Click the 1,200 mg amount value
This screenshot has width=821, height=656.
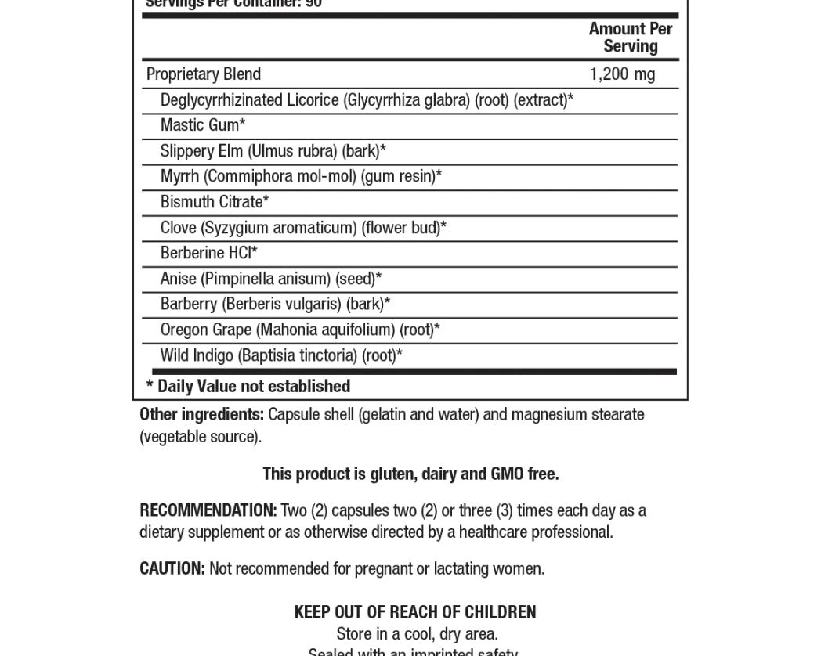pyautogui.click(x=622, y=74)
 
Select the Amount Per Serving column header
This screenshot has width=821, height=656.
pyautogui.click(x=631, y=38)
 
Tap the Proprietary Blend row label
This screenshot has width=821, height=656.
pyautogui.click(x=204, y=74)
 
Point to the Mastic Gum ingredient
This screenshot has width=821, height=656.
pyautogui.click(x=203, y=125)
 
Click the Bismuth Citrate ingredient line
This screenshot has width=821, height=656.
pyautogui.click(x=215, y=202)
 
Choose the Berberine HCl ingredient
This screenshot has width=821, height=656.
pyautogui.click(x=208, y=253)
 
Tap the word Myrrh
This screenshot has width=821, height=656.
pyautogui.click(x=179, y=176)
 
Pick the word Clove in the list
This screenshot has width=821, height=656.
pyautogui.click(x=178, y=228)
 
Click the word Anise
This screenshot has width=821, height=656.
pyautogui.click(x=178, y=279)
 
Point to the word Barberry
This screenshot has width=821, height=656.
pyautogui.click(x=188, y=304)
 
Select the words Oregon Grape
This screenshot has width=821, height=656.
pyautogui.click(x=205, y=330)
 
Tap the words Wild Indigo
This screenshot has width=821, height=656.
pyautogui.click(x=197, y=355)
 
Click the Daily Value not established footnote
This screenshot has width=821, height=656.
pyautogui.click(x=248, y=387)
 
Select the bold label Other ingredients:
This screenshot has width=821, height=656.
pyautogui.click(x=201, y=414)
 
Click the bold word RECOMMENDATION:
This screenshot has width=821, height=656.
pyautogui.click(x=208, y=510)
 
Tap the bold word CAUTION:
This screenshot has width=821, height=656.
pyautogui.click(x=172, y=568)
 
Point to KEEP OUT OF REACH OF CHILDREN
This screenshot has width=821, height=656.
pyautogui.click(x=414, y=612)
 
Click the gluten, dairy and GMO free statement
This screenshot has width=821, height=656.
pyautogui.click(x=410, y=474)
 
